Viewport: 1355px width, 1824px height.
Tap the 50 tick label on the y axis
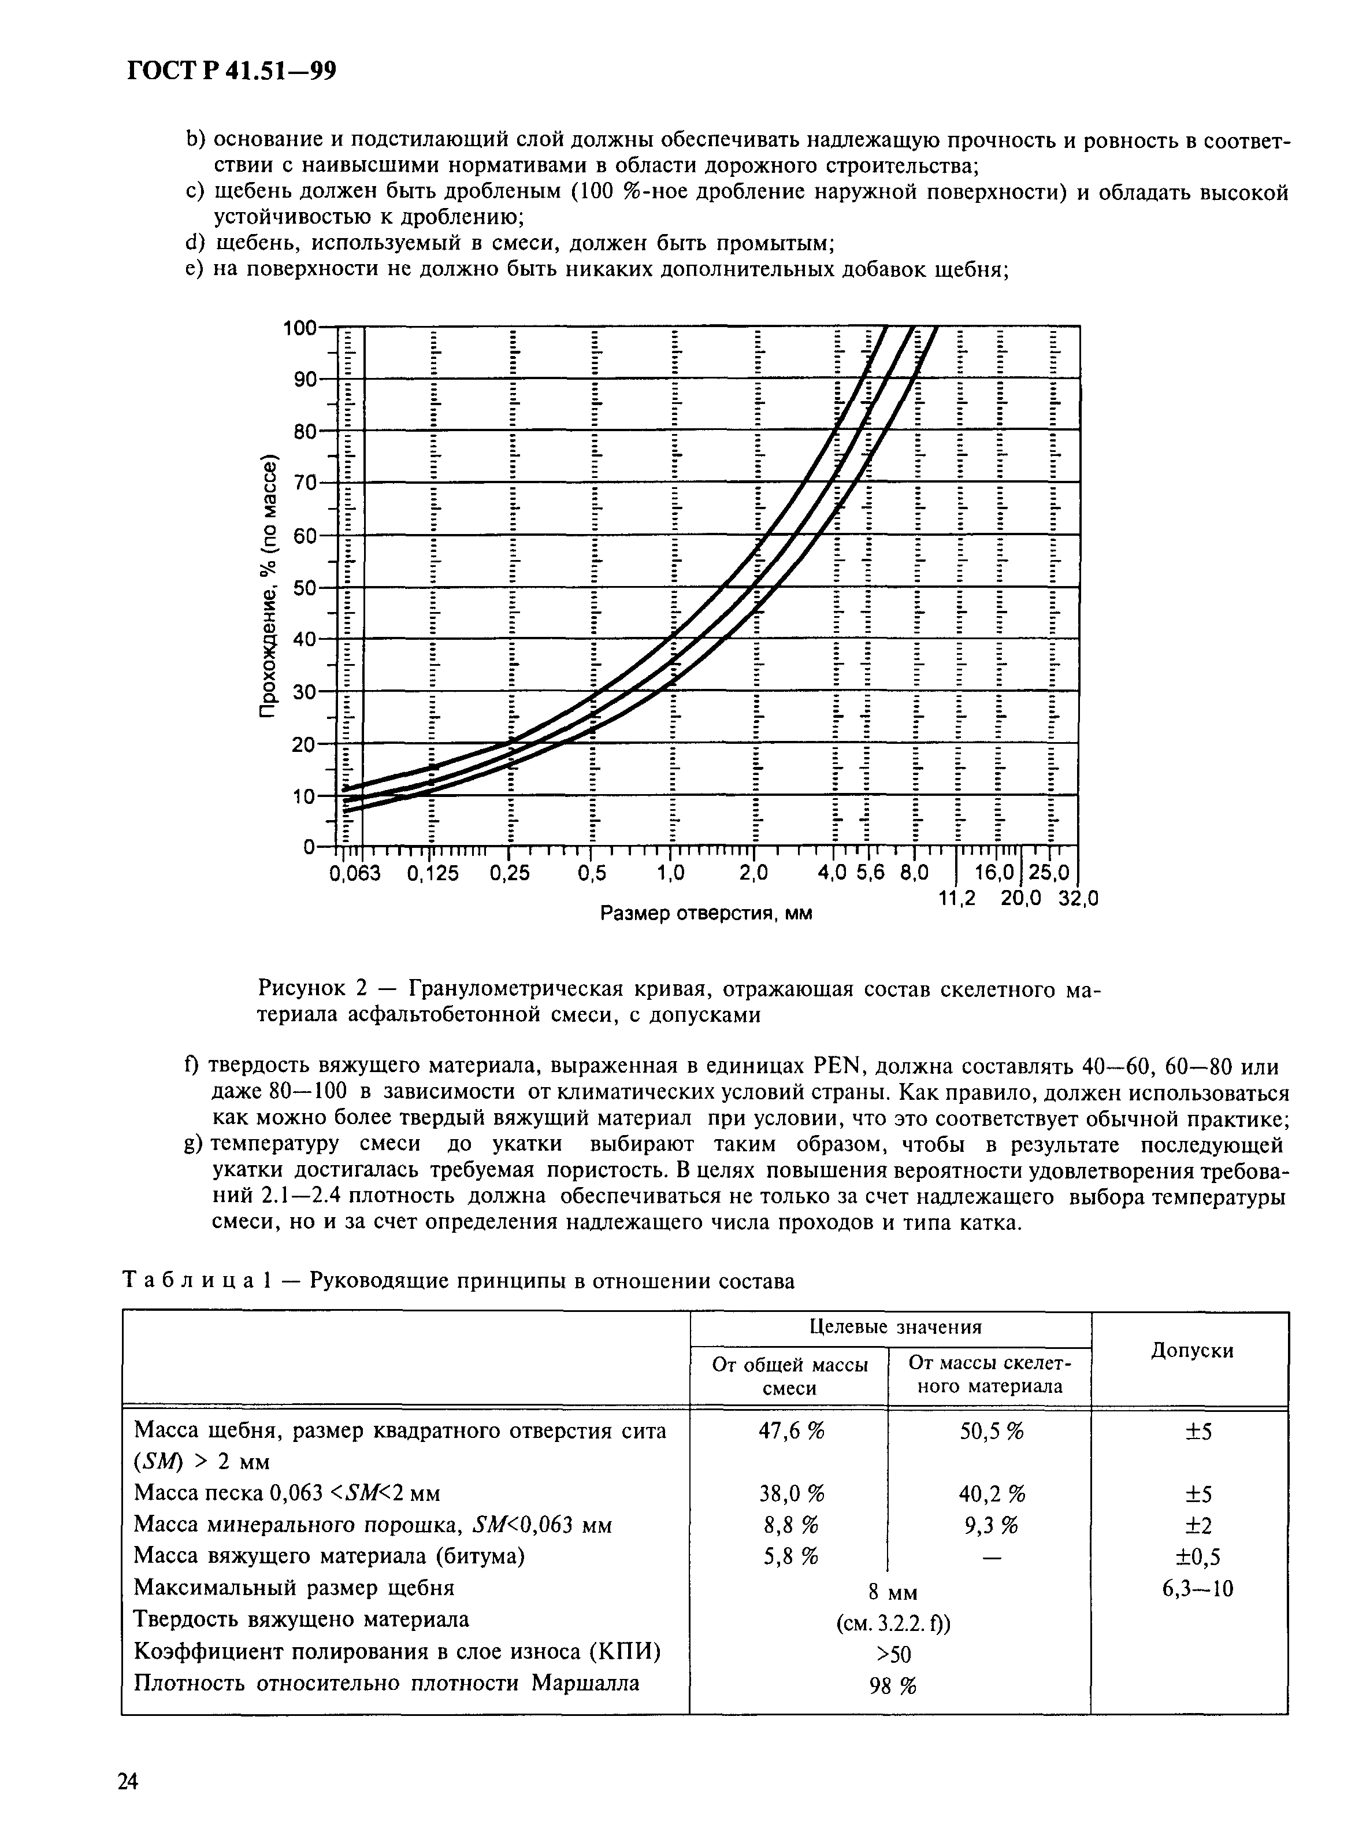click(x=305, y=588)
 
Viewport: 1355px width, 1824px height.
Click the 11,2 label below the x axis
click(x=957, y=899)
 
